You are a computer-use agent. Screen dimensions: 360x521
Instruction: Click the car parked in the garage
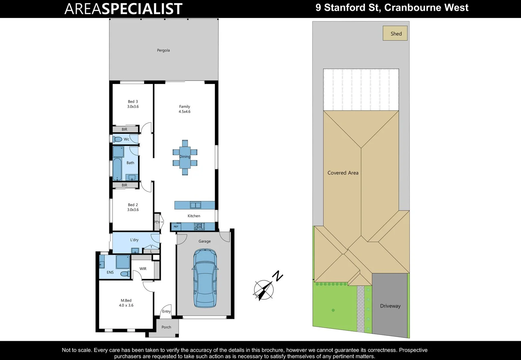click(205, 278)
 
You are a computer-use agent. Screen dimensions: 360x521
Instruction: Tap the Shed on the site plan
click(395, 33)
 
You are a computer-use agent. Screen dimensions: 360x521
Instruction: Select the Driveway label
click(390, 306)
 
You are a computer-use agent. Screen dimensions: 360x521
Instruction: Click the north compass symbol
click(264, 289)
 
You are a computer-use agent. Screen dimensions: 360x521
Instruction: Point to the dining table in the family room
click(185, 157)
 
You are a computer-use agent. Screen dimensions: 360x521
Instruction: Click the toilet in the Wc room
click(117, 139)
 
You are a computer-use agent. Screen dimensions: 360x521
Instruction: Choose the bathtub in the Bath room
click(117, 169)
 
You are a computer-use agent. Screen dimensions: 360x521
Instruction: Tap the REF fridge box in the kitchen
click(176, 227)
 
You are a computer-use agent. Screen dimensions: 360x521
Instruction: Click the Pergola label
click(163, 50)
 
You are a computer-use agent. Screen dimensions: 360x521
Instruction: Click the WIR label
click(143, 269)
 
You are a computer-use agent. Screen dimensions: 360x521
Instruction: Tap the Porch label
click(166, 327)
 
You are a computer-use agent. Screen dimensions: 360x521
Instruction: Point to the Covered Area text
click(343, 173)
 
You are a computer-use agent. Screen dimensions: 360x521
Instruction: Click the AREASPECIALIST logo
click(123, 9)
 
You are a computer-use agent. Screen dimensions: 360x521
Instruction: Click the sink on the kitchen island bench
click(195, 205)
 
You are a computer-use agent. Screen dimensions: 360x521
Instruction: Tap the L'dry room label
click(134, 240)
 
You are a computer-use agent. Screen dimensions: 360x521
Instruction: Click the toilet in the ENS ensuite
click(125, 274)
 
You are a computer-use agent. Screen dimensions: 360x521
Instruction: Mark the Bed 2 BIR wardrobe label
click(124, 185)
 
